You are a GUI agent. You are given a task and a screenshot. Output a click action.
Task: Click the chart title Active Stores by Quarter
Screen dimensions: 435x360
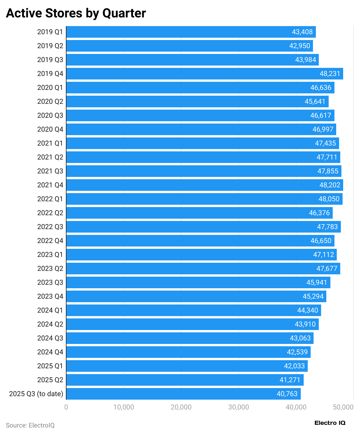click(x=76, y=13)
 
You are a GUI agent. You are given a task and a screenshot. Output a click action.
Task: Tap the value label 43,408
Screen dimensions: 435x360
click(x=302, y=32)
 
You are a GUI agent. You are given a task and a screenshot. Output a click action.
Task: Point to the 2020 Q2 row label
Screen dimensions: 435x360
click(x=50, y=101)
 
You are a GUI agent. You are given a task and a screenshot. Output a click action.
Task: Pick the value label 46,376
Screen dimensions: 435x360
click(x=319, y=213)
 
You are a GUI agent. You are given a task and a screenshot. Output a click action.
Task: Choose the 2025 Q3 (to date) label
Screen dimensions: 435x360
click(x=36, y=394)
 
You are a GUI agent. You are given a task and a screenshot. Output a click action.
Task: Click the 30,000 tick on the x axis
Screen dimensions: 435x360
click(x=239, y=407)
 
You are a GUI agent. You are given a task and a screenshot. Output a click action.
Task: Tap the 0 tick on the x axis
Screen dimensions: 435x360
click(x=66, y=407)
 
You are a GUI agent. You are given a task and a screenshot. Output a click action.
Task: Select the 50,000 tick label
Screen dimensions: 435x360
click(x=343, y=407)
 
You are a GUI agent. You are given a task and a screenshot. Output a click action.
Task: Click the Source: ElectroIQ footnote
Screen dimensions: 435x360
click(x=30, y=425)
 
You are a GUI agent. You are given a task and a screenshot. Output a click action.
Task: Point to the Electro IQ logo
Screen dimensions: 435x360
click(x=330, y=423)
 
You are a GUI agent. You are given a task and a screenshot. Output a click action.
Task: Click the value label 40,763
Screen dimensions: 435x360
click(x=287, y=394)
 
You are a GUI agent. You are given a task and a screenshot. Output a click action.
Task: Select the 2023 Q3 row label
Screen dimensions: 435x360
click(x=50, y=282)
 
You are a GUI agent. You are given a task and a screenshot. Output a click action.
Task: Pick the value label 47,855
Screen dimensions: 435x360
click(x=328, y=171)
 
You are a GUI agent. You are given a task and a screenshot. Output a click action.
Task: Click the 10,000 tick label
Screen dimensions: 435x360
click(x=124, y=407)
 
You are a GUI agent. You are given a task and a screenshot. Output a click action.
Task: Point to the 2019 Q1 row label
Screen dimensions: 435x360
click(x=50, y=32)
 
